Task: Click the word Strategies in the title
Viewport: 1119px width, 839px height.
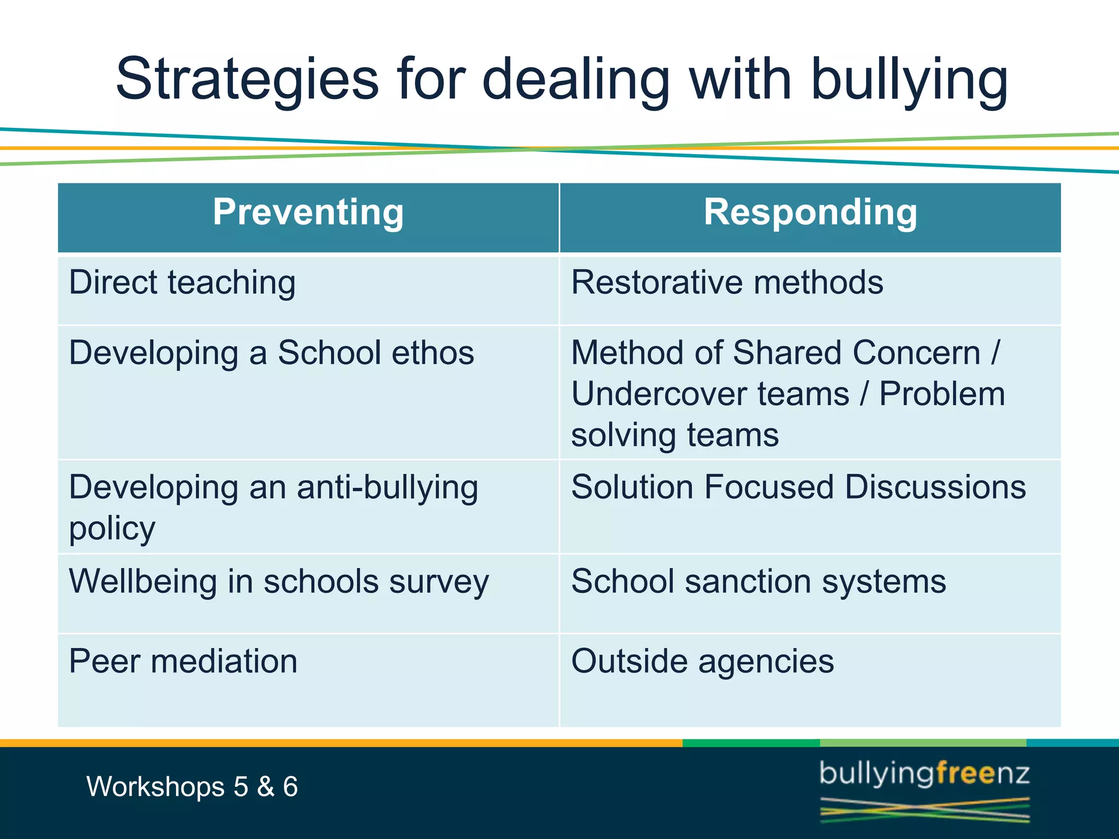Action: pos(247,80)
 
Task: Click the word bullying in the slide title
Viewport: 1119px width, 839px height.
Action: pos(909,80)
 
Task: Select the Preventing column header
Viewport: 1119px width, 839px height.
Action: pos(308,212)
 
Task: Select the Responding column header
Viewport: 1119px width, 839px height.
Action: pos(810,212)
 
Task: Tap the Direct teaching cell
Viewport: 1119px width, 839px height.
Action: pos(182,283)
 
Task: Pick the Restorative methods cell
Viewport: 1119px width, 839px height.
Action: pos(727,283)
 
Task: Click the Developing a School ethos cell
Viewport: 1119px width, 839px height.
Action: pos(272,353)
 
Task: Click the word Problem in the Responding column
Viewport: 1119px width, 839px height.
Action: pos(942,394)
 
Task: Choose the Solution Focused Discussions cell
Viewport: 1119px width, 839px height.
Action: pos(798,487)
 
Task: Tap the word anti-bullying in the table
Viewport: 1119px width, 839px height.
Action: pos(387,487)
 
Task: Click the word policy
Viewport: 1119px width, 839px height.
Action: pos(112,529)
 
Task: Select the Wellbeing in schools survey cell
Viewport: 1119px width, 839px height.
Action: pos(279,581)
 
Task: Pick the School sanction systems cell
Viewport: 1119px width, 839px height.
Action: pos(758,581)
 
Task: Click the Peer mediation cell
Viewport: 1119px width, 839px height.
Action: pos(183,661)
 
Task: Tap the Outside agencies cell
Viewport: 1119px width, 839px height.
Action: pos(702,661)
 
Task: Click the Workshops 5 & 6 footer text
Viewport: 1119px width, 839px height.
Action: pos(192,787)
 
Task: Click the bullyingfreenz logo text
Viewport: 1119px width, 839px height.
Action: pos(924,775)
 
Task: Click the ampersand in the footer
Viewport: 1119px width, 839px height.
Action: pos(266,787)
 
